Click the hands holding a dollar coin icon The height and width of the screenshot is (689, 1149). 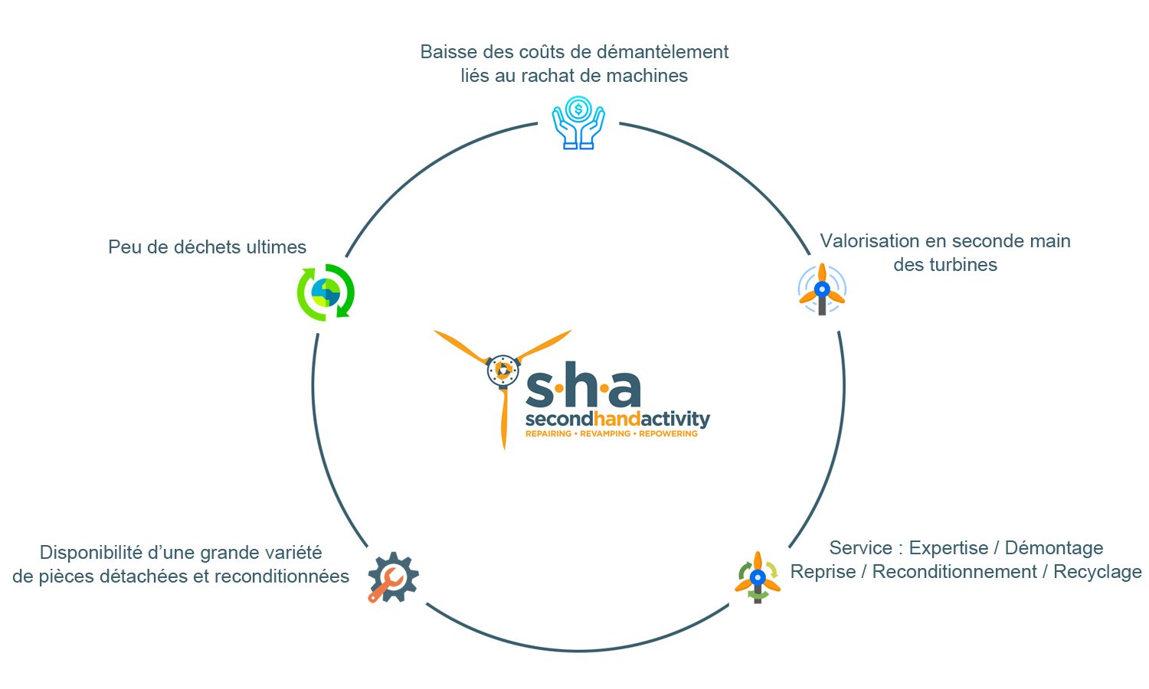[578, 122]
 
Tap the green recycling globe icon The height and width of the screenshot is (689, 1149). [326, 292]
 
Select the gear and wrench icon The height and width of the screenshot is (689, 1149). [393, 577]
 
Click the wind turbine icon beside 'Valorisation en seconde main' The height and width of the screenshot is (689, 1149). [822, 289]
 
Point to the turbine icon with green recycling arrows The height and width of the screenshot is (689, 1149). [758, 577]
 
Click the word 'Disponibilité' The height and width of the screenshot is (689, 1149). [91, 553]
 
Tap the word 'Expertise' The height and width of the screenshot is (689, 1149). [948, 548]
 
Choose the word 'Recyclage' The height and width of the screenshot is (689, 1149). [1097, 572]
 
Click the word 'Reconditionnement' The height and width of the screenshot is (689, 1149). [954, 572]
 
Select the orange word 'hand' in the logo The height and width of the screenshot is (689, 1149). [617, 419]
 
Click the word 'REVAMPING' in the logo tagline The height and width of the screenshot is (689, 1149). [605, 434]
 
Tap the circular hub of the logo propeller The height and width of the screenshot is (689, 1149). [503, 370]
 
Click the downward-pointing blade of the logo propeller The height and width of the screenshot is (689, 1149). [504, 418]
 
